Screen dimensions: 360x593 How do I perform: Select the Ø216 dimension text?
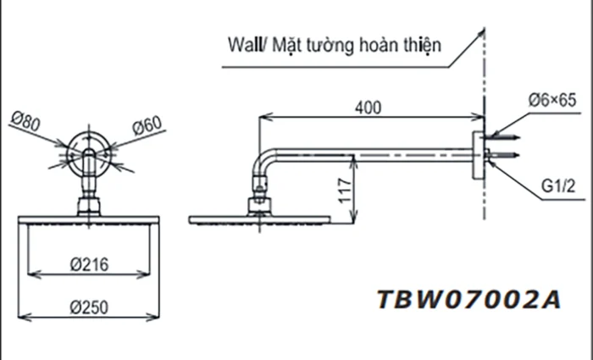click(x=87, y=264)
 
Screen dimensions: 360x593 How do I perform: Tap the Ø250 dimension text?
click(x=87, y=307)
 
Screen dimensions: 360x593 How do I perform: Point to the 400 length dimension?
click(x=368, y=107)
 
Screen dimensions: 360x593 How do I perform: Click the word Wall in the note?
click(x=245, y=44)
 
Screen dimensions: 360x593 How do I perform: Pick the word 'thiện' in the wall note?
click(x=422, y=44)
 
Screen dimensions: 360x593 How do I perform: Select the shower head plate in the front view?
click(x=87, y=220)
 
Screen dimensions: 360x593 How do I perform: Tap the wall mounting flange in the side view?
click(x=477, y=156)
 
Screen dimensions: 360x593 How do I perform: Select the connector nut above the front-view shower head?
click(x=87, y=205)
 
